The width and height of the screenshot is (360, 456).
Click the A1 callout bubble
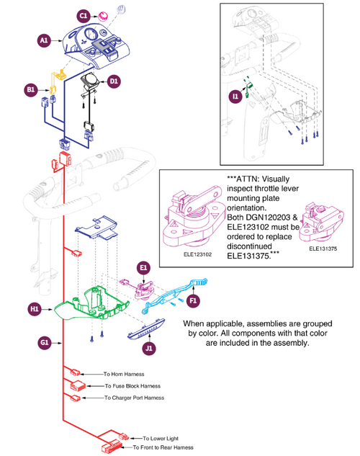click(44, 42)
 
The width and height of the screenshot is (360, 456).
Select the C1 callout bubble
click(84, 15)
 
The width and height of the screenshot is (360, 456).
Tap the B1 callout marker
click(31, 89)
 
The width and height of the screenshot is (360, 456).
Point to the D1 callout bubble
click(114, 81)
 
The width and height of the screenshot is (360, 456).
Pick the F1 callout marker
click(193, 300)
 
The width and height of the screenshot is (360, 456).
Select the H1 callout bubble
click(34, 308)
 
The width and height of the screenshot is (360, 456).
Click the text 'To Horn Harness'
click(123, 375)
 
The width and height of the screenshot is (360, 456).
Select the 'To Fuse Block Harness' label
click(131, 386)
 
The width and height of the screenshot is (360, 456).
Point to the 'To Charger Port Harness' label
click(134, 398)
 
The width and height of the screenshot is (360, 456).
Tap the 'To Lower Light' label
click(160, 438)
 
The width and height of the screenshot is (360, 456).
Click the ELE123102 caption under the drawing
click(192, 254)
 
